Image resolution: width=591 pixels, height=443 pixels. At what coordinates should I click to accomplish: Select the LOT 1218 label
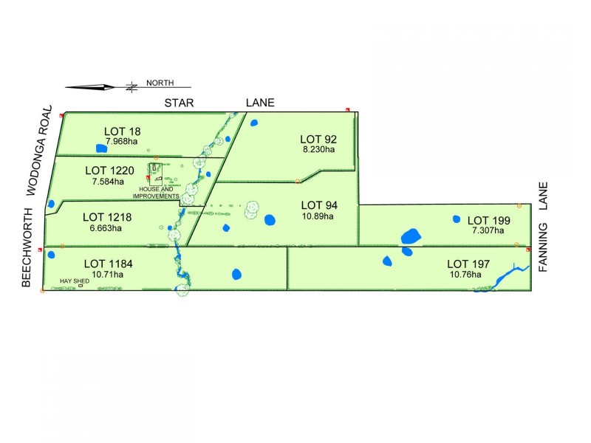coord(107,217)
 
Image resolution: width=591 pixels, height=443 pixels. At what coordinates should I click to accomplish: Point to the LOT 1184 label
coord(108,263)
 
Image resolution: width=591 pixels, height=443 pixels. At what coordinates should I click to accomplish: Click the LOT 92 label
coord(318,139)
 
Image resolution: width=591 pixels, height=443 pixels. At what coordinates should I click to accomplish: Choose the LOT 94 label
coord(318,205)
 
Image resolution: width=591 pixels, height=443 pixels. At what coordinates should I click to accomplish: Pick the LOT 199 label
coord(488,220)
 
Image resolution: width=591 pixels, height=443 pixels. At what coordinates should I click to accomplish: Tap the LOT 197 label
coord(469,264)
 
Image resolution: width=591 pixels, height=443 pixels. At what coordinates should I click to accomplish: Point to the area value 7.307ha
coord(488,230)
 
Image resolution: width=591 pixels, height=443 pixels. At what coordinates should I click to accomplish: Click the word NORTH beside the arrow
coord(160,83)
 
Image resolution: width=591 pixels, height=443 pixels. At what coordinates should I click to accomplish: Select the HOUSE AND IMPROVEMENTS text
coord(156,193)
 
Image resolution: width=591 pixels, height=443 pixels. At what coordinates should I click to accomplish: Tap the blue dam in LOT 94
coord(270,219)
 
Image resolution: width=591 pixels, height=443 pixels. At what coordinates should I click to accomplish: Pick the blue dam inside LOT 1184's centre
coord(236,274)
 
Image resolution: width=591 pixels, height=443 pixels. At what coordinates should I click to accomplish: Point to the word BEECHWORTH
coord(27,247)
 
